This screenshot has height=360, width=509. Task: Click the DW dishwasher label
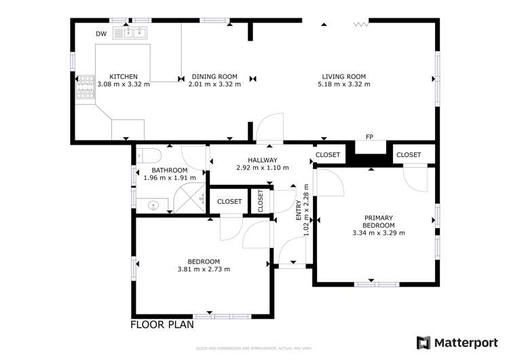click(100, 33)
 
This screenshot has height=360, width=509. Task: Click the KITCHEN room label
click(124, 77)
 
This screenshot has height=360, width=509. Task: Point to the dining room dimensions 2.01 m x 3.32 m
click(214, 85)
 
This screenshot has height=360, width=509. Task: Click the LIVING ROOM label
click(343, 77)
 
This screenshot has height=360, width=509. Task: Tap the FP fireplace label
click(369, 137)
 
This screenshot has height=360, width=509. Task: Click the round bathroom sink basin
click(152, 204)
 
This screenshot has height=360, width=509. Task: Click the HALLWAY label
click(262, 160)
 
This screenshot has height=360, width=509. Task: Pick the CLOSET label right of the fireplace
click(409, 155)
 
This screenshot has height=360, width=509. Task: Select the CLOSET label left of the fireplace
click(328, 155)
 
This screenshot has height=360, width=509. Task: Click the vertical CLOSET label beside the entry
click(260, 201)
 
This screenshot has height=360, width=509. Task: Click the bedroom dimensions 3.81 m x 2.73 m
click(204, 270)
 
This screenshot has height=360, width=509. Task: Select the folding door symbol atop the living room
click(360, 24)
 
